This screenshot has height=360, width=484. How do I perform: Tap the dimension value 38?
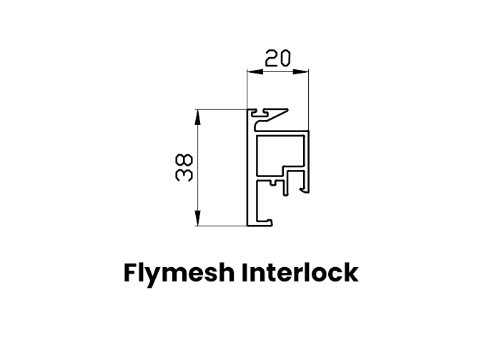tap(184, 168)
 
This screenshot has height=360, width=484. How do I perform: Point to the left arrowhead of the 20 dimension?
tap(250, 71)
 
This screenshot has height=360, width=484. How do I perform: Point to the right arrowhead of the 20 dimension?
tap(306, 71)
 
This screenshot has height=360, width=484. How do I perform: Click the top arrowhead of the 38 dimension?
tap(197, 113)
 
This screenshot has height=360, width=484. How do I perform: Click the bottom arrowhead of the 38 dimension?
tap(197, 222)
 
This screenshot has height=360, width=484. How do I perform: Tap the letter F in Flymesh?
tap(130, 273)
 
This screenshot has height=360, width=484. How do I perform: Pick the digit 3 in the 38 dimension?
tap(184, 174)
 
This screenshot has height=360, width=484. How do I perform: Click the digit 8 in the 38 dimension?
tap(184, 161)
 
